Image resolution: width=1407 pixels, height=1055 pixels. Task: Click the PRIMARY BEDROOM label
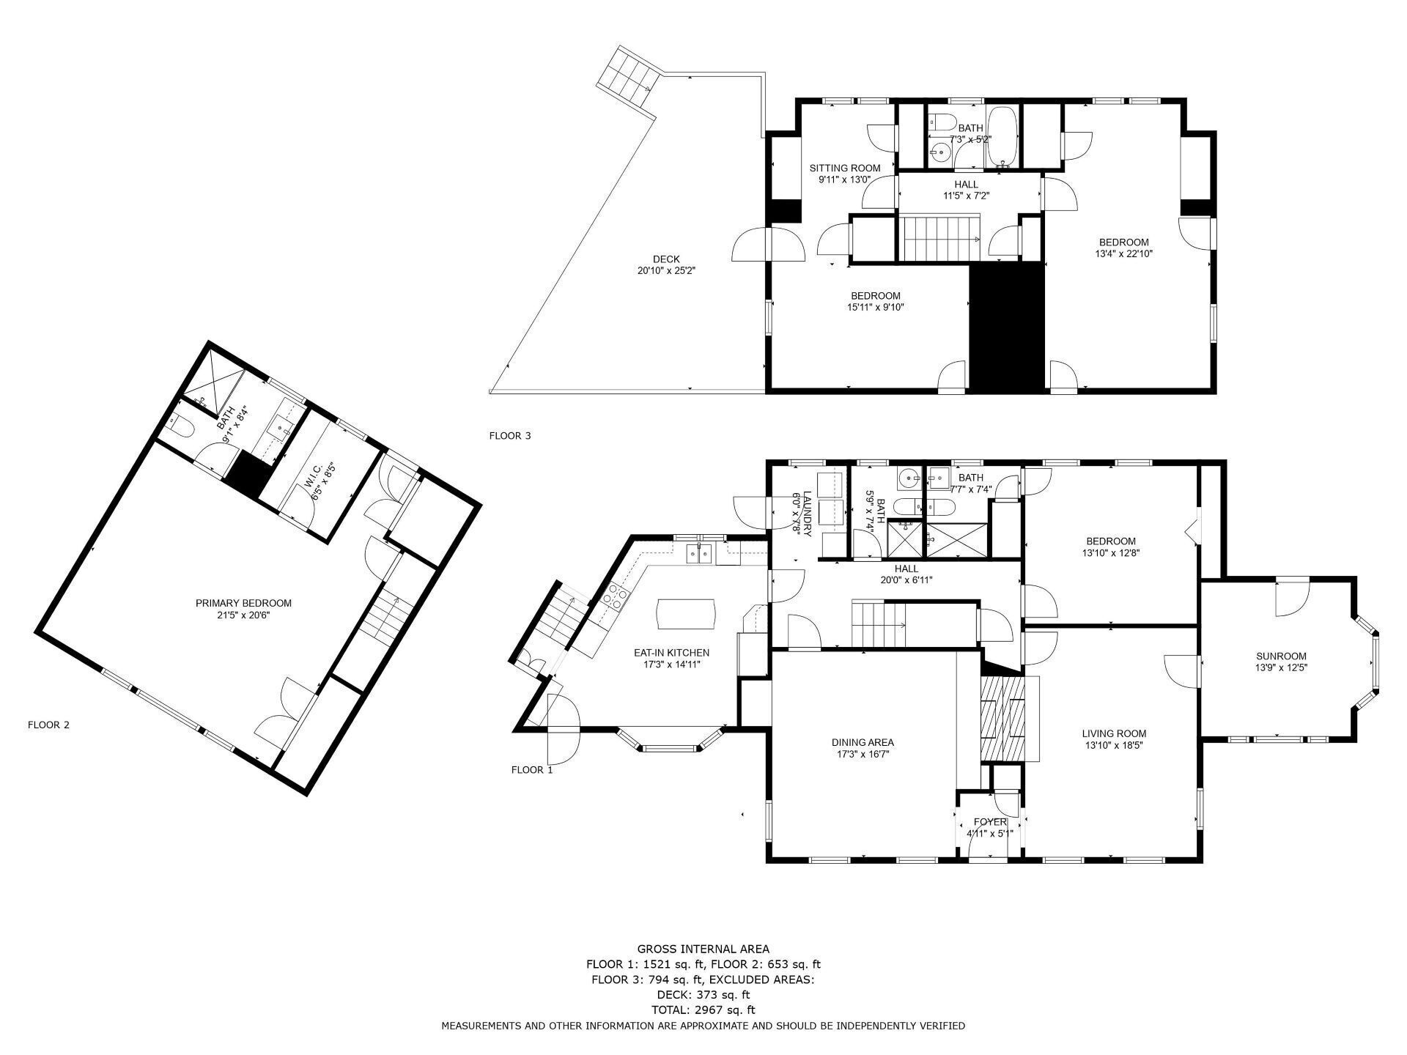(x=243, y=603)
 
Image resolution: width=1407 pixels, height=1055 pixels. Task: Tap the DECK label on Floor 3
(x=666, y=259)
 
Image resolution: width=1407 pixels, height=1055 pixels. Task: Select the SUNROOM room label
(x=1281, y=656)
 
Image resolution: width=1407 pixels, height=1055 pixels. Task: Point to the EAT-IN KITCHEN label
(x=671, y=653)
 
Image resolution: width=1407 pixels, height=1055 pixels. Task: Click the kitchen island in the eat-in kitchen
(x=686, y=614)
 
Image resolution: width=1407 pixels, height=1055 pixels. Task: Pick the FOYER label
(x=989, y=822)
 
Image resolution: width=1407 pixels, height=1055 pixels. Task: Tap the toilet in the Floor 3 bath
(x=940, y=122)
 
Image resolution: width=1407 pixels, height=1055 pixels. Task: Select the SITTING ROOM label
(x=845, y=168)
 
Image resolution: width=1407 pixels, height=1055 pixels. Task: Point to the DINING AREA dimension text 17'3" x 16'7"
(x=863, y=754)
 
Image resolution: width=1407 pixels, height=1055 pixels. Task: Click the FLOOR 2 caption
(x=48, y=725)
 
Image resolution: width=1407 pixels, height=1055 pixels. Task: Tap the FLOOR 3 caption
(x=510, y=436)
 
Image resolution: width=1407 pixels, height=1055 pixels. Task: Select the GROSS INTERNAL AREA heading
(x=703, y=949)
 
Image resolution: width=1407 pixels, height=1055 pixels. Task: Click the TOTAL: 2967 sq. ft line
(x=703, y=1010)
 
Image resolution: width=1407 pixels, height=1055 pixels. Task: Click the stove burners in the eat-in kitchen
(x=615, y=598)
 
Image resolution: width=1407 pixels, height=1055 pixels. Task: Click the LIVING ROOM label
(x=1114, y=733)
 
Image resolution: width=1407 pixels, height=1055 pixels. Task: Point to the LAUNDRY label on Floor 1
(x=808, y=514)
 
